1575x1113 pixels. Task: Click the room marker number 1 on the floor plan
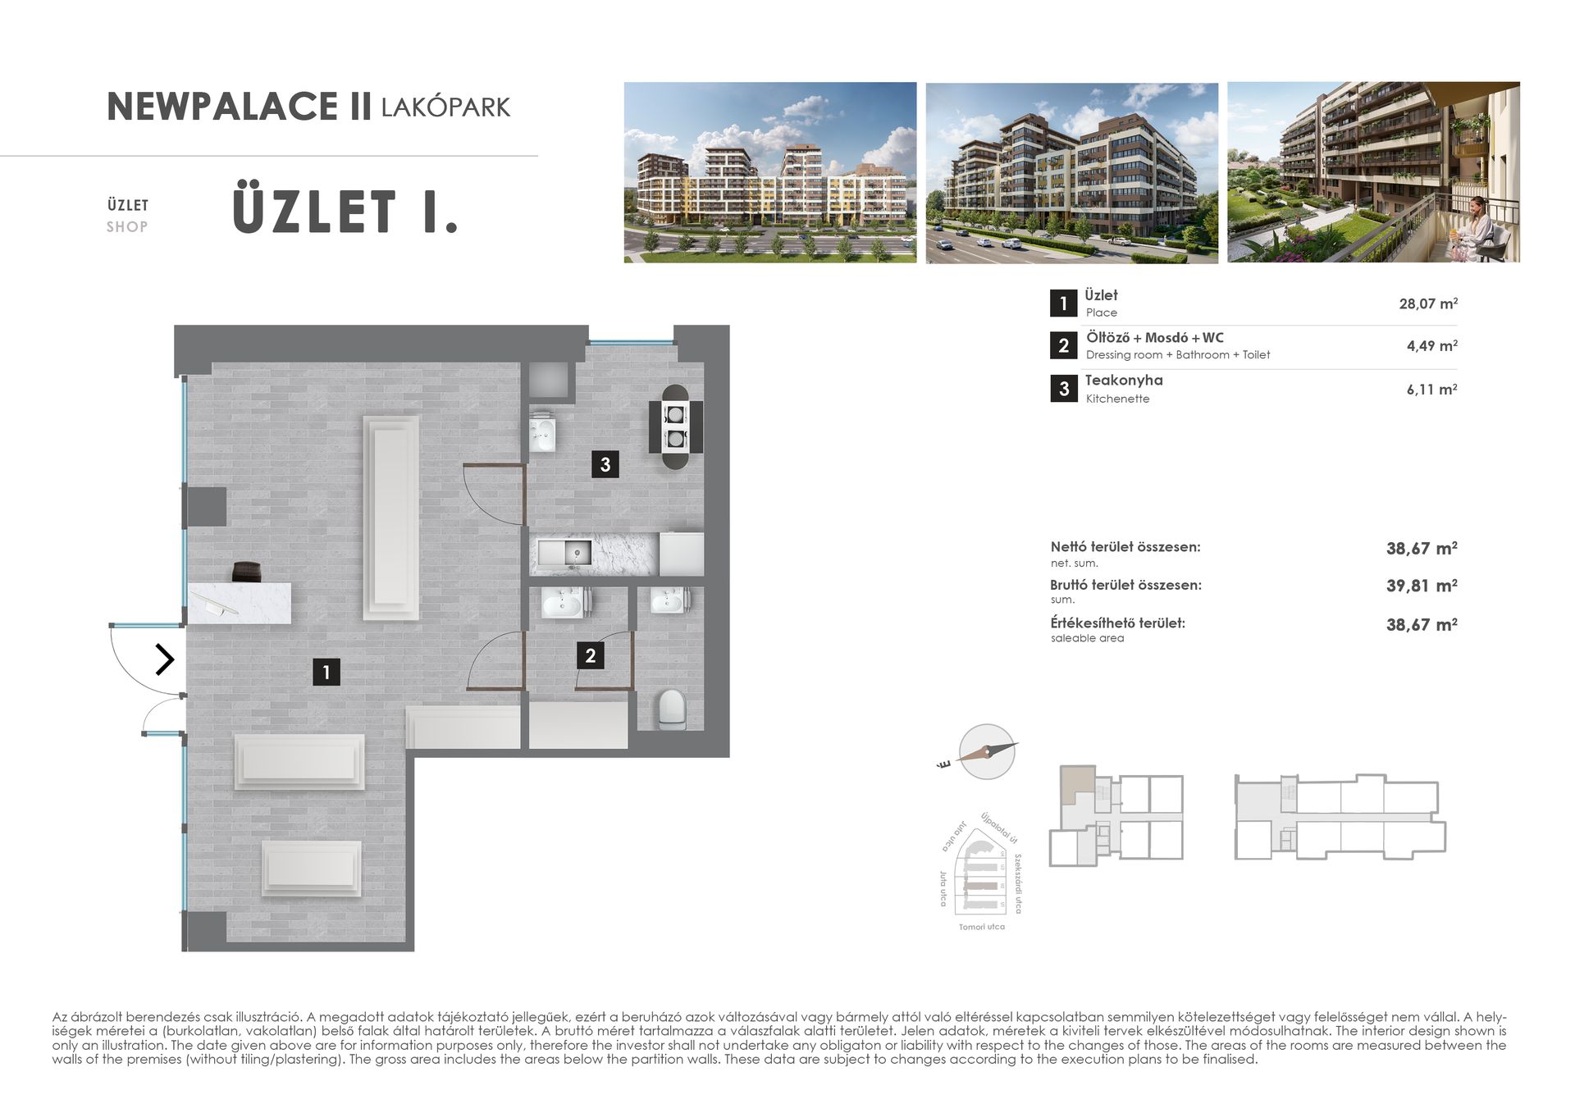[x=326, y=673]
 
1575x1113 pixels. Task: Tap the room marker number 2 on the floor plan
[x=591, y=655]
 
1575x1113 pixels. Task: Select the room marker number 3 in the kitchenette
[x=605, y=464]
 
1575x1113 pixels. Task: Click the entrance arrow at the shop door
[x=165, y=659]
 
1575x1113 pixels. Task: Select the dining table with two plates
[x=675, y=426]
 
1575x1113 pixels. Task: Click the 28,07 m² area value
[x=1427, y=303]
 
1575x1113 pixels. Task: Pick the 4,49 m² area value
[x=1431, y=346]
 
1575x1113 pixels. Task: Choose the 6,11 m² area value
[x=1431, y=390]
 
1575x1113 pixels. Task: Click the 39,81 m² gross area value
[x=1421, y=586]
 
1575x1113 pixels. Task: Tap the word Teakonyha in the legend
[x=1124, y=381]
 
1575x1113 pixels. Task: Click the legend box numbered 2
[x=1063, y=345]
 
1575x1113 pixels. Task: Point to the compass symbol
[x=986, y=751]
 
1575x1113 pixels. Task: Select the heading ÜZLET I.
[x=345, y=212]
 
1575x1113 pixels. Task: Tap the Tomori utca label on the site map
[x=981, y=927]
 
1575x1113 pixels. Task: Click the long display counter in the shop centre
[x=391, y=518]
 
